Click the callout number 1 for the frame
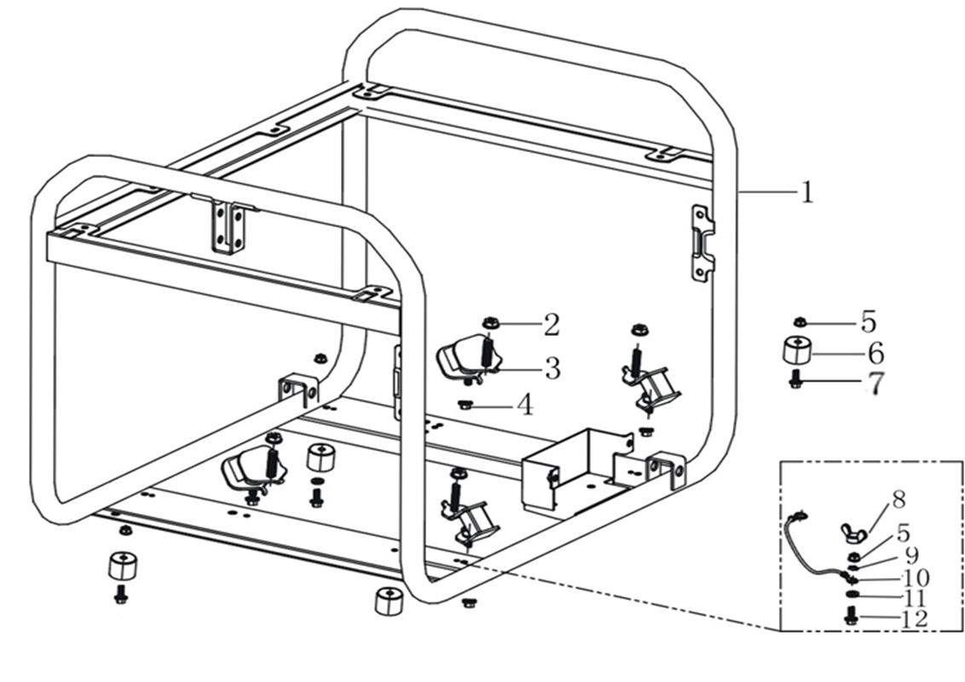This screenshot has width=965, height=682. coord(806,192)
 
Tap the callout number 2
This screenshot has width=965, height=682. coord(552,324)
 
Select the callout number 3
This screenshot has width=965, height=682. coord(552,369)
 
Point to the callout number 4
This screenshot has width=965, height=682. coord(525,405)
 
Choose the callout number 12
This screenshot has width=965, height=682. coord(913,619)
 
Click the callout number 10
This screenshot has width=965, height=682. coord(913,578)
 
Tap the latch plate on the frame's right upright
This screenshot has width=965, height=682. coord(702,242)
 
